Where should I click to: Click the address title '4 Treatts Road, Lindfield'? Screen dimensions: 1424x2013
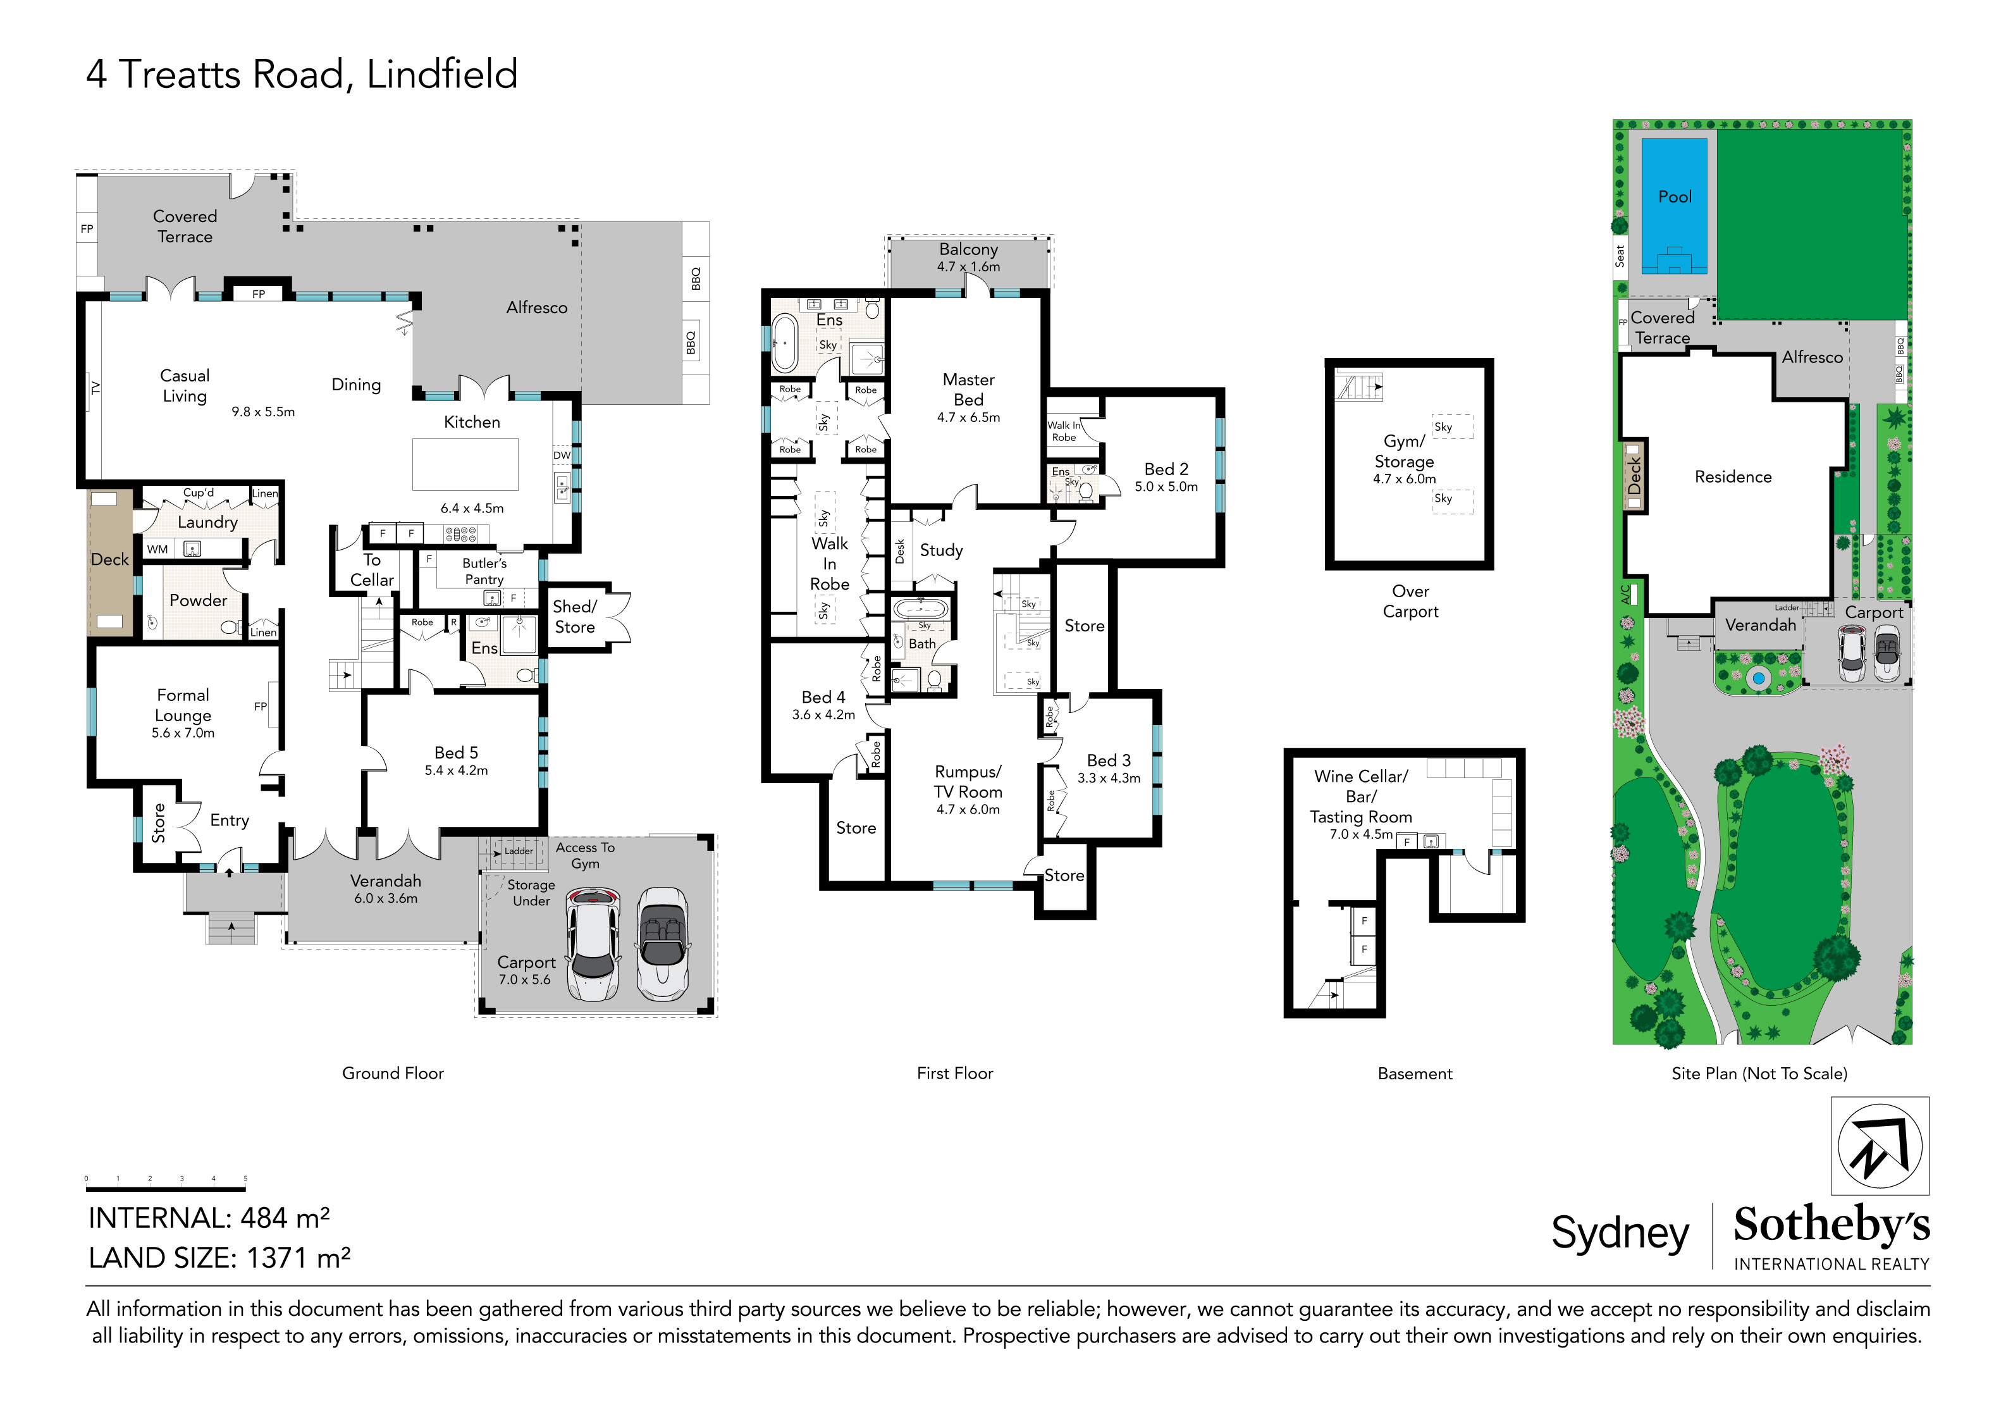pyautogui.click(x=302, y=75)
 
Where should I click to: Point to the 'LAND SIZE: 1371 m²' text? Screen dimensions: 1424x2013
pyautogui.click(x=219, y=1258)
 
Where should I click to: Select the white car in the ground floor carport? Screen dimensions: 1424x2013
pyautogui.click(x=594, y=944)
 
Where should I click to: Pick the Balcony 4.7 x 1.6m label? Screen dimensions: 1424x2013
pyautogui.click(x=968, y=257)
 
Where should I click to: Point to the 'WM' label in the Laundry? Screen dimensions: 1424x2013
pyautogui.click(x=158, y=550)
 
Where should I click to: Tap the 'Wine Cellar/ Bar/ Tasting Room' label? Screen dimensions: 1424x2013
pyautogui.click(x=1361, y=796)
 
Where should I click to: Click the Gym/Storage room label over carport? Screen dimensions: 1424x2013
pyautogui.click(x=1404, y=452)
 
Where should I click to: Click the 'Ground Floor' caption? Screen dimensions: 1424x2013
pyautogui.click(x=393, y=1074)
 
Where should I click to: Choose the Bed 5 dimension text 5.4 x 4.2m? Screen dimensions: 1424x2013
pyautogui.click(x=456, y=771)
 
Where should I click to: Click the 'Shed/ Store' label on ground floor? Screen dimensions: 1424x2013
pyautogui.click(x=574, y=616)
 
